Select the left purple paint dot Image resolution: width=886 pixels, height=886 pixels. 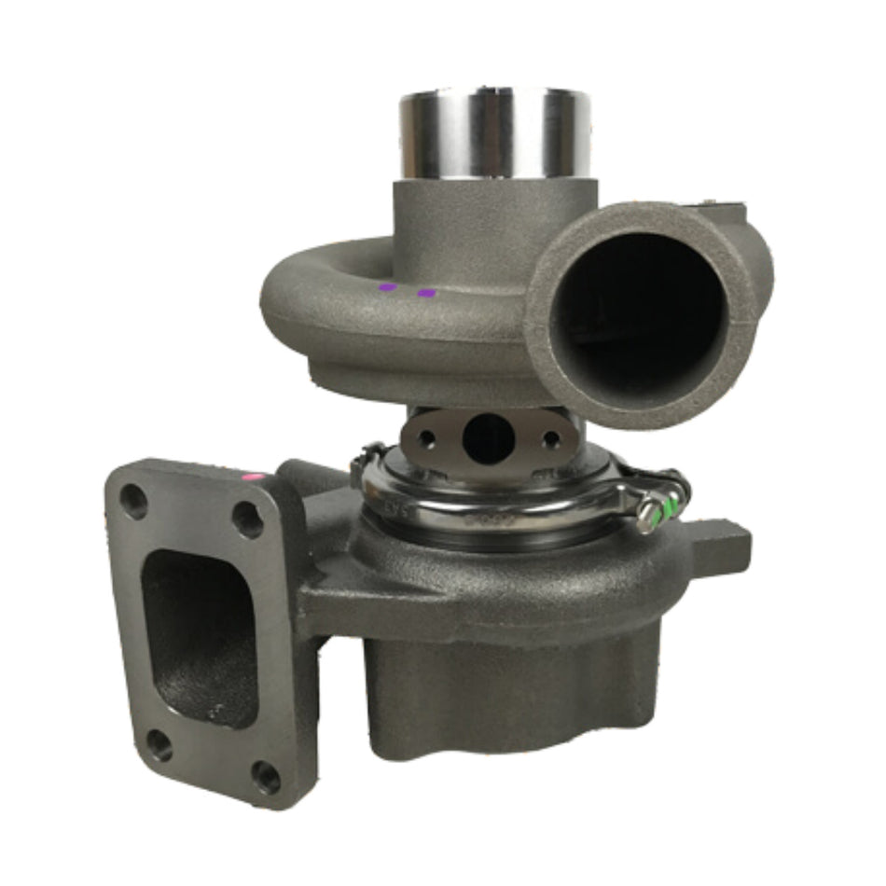pyautogui.click(x=387, y=287)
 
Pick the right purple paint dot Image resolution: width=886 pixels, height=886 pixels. pyautogui.click(x=427, y=293)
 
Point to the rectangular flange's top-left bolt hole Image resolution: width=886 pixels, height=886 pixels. pyautogui.click(x=134, y=503)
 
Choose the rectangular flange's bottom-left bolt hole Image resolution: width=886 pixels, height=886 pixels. pyautogui.click(x=159, y=744)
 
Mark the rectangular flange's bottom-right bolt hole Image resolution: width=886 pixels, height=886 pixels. pyautogui.click(x=266, y=776)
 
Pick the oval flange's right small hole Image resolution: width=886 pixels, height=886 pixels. pyautogui.click(x=550, y=438)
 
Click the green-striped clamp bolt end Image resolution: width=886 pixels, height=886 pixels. pyautogui.click(x=668, y=508)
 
